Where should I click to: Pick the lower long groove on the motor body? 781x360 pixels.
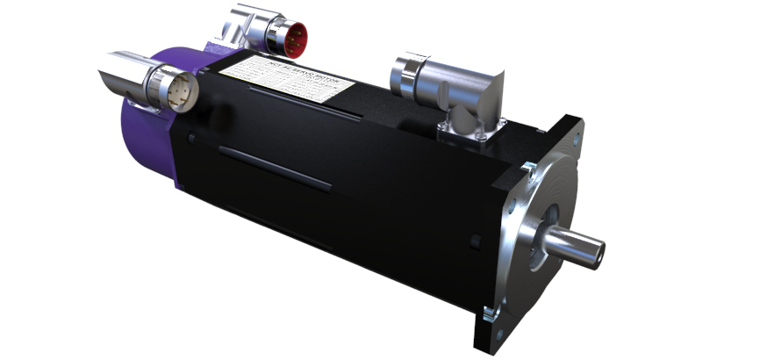click(x=275, y=168)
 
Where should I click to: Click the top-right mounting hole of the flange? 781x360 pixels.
click(x=574, y=132)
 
